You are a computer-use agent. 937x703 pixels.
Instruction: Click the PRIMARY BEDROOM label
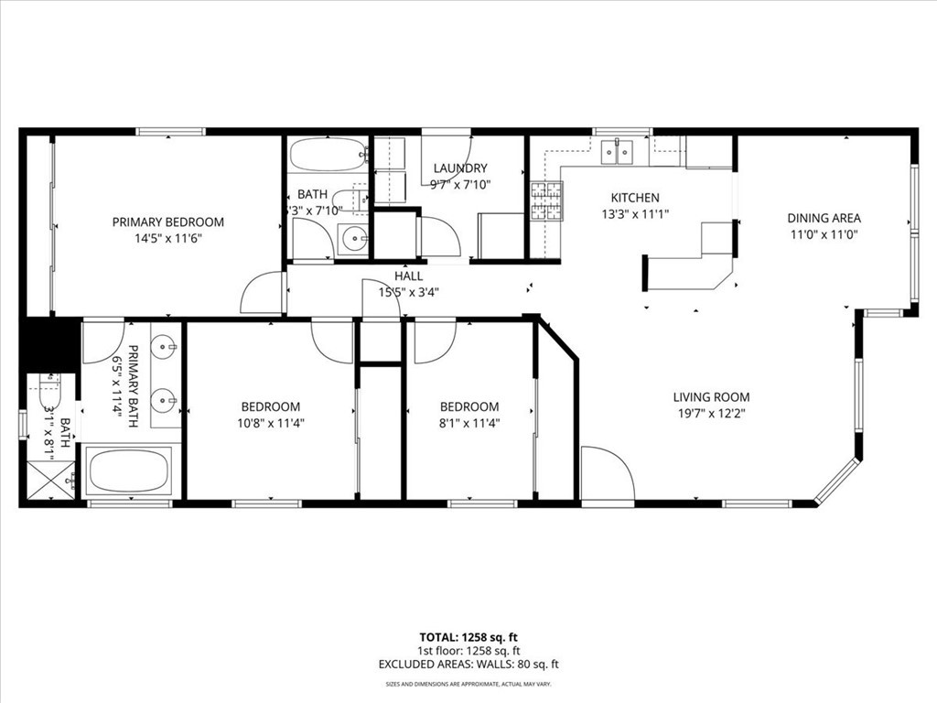pyautogui.click(x=167, y=222)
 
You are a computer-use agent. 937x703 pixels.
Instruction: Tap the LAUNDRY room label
pyautogui.click(x=460, y=168)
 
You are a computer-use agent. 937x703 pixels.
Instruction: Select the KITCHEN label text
pyautogui.click(x=635, y=198)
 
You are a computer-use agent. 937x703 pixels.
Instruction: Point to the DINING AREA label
pyautogui.click(x=824, y=218)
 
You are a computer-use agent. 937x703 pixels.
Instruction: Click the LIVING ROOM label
pyautogui.click(x=711, y=397)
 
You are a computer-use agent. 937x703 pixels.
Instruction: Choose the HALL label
pyautogui.click(x=408, y=276)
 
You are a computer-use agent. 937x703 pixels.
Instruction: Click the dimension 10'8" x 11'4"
pyautogui.click(x=270, y=423)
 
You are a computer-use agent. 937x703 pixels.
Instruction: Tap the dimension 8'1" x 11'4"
pyautogui.click(x=469, y=423)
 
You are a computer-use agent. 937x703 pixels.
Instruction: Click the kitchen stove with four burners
pyautogui.click(x=546, y=202)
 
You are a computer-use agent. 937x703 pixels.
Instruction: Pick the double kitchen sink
pyautogui.click(x=621, y=152)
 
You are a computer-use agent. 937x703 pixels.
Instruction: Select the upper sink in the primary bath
pyautogui.click(x=164, y=347)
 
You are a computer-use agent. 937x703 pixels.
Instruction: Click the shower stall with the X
pyautogui.click(x=49, y=479)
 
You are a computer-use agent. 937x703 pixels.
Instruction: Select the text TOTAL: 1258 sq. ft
pyautogui.click(x=468, y=637)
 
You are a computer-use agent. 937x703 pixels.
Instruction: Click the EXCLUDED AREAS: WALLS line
pyautogui.click(x=468, y=665)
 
